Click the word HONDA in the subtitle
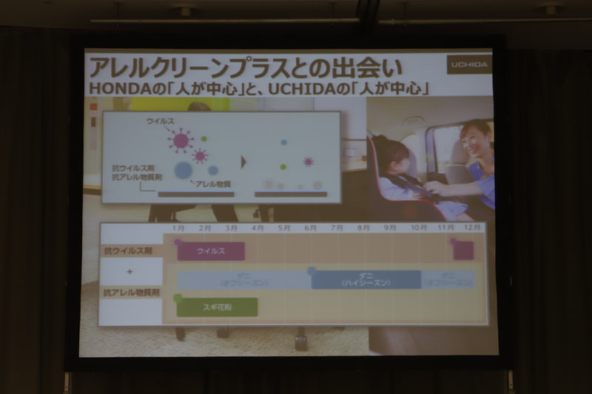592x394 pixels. (111, 88)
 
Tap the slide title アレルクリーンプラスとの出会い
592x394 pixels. (244, 67)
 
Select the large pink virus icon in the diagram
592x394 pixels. (180, 140)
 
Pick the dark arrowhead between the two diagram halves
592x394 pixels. (243, 161)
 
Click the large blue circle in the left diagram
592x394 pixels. (183, 171)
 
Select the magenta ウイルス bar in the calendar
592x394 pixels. (211, 251)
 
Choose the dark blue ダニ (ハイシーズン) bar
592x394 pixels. (366, 279)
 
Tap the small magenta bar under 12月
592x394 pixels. (463, 251)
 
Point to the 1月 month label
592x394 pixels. (178, 228)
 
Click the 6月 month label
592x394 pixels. (310, 228)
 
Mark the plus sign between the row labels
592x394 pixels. (130, 272)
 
